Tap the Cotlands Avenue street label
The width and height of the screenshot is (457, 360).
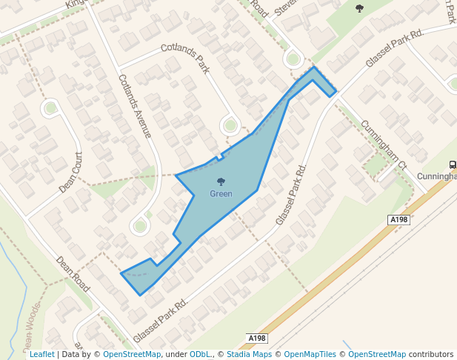(x=135, y=107)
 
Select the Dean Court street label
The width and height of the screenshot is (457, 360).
(x=71, y=172)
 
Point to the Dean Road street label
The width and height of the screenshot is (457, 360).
(x=72, y=273)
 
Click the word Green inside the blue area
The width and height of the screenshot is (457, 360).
(x=221, y=194)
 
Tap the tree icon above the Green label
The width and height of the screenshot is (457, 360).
(x=221, y=182)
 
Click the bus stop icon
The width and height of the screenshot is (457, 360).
(x=452, y=164)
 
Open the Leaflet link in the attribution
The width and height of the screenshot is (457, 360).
(x=41, y=355)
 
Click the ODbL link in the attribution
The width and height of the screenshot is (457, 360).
(x=200, y=355)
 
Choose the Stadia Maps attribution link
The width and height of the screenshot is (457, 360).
(x=248, y=355)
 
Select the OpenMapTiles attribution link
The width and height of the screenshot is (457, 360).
(x=310, y=355)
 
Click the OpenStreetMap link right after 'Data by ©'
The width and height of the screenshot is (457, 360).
(x=132, y=355)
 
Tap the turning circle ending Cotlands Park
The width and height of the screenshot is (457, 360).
(x=230, y=126)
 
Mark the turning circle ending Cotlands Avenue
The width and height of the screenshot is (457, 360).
(x=139, y=224)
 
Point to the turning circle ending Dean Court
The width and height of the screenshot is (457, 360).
(x=50, y=109)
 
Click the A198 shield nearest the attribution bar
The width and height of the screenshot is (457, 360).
(x=256, y=339)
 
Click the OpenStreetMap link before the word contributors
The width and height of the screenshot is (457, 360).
(x=377, y=355)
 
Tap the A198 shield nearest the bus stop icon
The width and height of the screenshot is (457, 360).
(x=398, y=220)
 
